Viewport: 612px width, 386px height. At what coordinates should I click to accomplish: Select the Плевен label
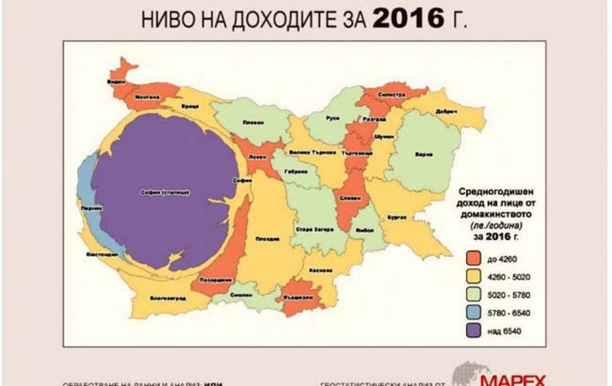click(x=252, y=123)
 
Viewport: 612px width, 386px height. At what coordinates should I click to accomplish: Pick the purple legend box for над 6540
click(x=474, y=331)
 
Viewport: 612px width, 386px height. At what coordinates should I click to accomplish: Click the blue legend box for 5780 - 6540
click(x=474, y=313)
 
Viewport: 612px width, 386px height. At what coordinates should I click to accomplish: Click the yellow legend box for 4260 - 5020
click(x=474, y=276)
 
